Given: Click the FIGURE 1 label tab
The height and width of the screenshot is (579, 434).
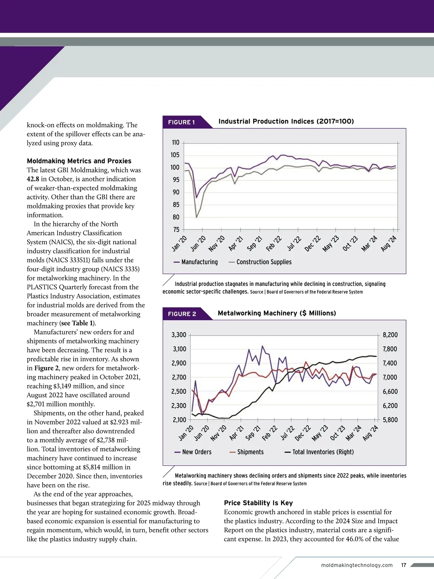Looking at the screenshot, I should pyautogui.click(x=182, y=122).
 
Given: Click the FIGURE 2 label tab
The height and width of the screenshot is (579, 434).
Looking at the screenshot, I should pyautogui.click(x=182, y=314).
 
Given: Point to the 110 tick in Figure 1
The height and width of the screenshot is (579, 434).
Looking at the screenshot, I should pyautogui.click(x=176, y=143).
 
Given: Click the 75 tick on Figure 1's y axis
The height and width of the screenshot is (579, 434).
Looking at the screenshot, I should pyautogui.click(x=176, y=229).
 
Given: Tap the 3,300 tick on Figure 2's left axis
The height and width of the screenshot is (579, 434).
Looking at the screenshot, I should pyautogui.click(x=179, y=335).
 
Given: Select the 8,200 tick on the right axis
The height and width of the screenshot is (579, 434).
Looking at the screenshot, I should pyautogui.click(x=390, y=335).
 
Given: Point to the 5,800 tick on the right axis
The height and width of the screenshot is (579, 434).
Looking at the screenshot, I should pyautogui.click(x=390, y=420).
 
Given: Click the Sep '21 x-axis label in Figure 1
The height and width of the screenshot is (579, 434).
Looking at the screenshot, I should pyautogui.click(x=254, y=244).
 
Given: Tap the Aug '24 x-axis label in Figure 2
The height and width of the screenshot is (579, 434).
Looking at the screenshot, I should pyautogui.click(x=370, y=433).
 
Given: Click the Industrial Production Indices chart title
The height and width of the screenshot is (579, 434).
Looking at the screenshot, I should pyautogui.click(x=286, y=121).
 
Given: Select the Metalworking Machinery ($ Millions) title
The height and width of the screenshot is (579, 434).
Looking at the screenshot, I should pyautogui.click(x=277, y=313).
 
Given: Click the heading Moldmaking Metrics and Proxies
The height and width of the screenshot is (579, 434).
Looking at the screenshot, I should pyautogui.click(x=79, y=161).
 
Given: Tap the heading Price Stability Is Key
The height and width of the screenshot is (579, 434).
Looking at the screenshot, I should pyautogui.click(x=258, y=503).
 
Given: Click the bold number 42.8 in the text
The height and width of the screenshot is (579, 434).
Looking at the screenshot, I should pyautogui.click(x=33, y=179).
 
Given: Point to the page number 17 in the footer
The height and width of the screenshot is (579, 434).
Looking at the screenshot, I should pyautogui.click(x=404, y=565).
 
